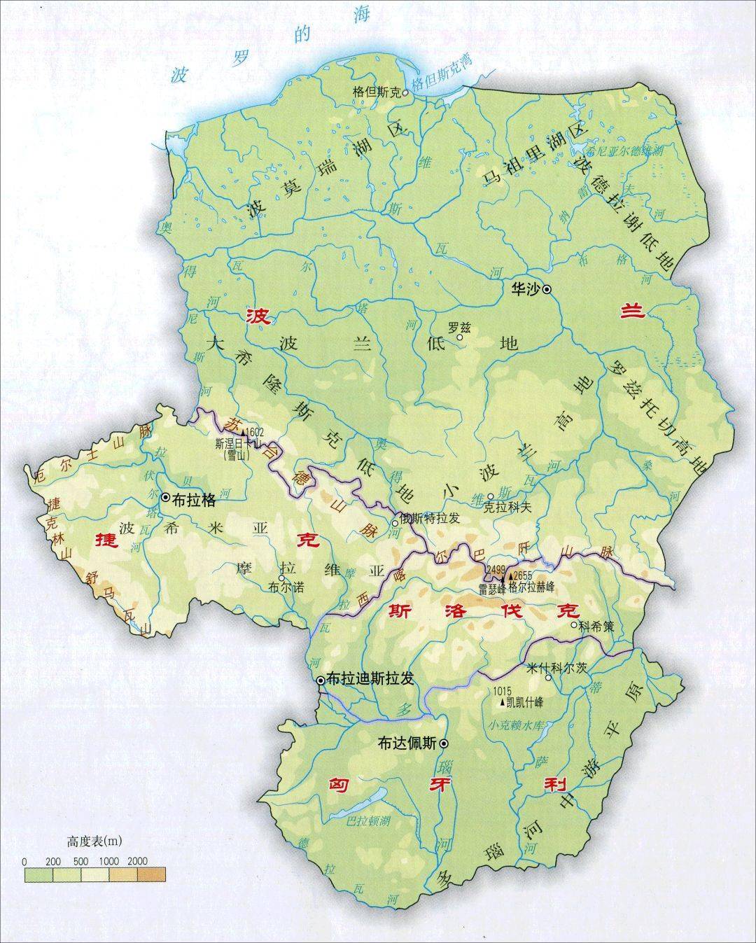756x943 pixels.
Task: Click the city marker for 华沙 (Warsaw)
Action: pos(547,288)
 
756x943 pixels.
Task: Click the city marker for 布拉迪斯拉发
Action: pos(321,680)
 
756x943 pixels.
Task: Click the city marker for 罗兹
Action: pos(460,337)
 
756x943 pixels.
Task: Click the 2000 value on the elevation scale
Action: pos(137,860)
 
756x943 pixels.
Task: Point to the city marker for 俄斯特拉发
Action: pos(395,522)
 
